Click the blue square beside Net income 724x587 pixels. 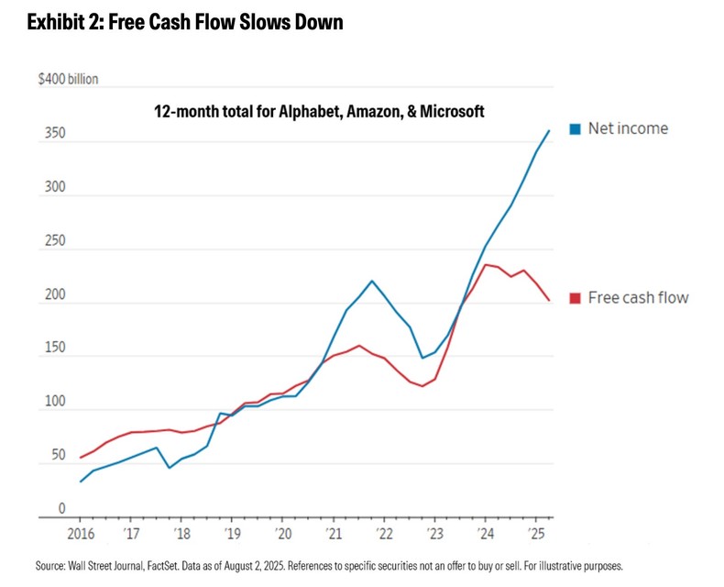tap(576, 128)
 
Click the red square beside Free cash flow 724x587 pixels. tap(576, 297)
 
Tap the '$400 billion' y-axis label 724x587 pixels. tap(68, 80)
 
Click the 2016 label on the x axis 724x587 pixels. tap(81, 533)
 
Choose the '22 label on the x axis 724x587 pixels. tap(384, 533)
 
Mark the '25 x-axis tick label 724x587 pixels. tap(536, 533)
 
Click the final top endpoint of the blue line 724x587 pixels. tap(549, 130)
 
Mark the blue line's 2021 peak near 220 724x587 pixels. tap(372, 281)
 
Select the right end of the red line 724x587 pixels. tap(549, 300)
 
